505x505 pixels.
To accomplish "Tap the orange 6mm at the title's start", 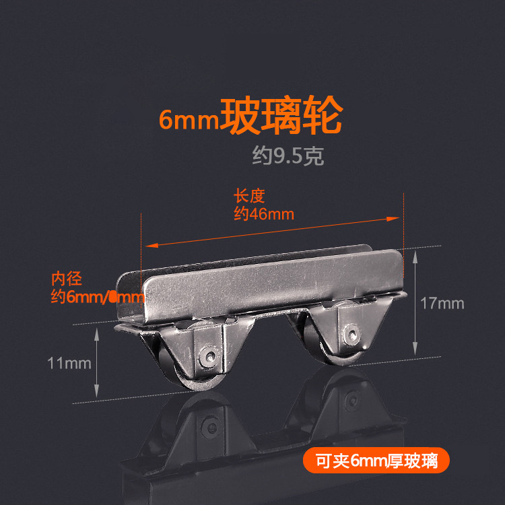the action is [x=189, y=120].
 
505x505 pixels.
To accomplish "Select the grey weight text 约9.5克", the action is [x=288, y=157].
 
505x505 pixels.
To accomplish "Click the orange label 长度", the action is [x=250, y=197].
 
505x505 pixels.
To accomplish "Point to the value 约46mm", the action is [x=264, y=214].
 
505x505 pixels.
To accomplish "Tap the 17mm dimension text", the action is [x=442, y=304].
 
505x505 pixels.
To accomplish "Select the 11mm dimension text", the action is [x=69, y=364].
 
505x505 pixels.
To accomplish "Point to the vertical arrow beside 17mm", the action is [x=415, y=303].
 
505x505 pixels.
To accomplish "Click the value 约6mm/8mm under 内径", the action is [x=98, y=297].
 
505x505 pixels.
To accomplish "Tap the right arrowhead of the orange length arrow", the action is [x=396, y=218].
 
